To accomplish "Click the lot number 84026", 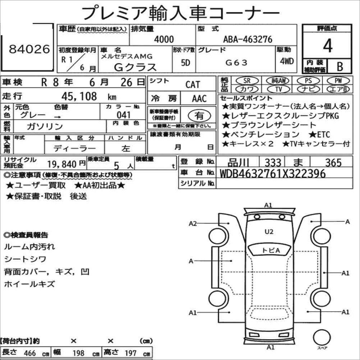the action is pyautogui.click(x=29, y=49).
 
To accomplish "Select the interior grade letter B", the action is pyautogui.click(x=340, y=66).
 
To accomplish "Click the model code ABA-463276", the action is pyautogui.click(x=248, y=39).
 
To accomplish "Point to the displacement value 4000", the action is pyautogui.click(x=164, y=39).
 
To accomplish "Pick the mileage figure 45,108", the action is pyautogui.click(x=79, y=96).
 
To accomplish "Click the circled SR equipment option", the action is pyautogui.click(x=247, y=81).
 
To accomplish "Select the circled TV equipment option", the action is pyautogui.click(x=278, y=89).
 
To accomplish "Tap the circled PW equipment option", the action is pyautogui.click(x=338, y=80).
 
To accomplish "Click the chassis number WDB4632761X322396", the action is pyautogui.click(x=273, y=174).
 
